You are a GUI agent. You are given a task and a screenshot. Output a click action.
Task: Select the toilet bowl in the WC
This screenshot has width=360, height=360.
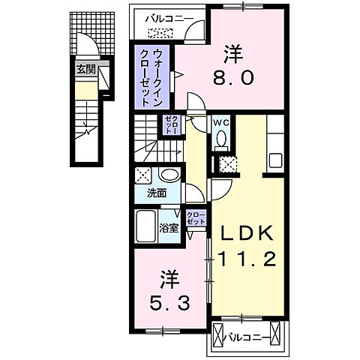coord(223,139)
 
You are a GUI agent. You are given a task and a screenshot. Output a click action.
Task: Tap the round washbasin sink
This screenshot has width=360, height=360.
coord(169,175)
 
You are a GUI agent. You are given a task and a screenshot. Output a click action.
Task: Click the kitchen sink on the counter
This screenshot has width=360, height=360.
coord(274,160)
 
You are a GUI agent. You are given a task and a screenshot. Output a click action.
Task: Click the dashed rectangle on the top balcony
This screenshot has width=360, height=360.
coord(160,32)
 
